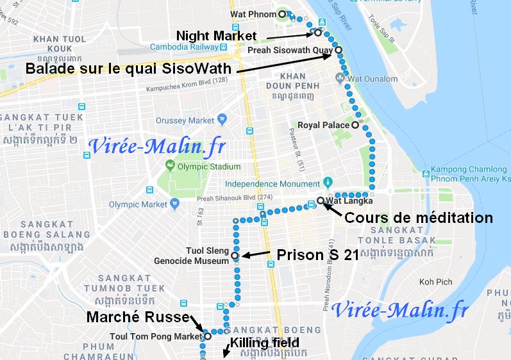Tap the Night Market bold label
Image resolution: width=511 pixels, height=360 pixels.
click(216, 35)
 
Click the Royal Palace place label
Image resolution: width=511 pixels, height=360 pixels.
click(324, 125)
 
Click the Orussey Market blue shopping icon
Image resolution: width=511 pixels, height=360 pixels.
click(222, 119)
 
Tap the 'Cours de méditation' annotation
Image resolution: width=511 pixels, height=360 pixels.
click(419, 218)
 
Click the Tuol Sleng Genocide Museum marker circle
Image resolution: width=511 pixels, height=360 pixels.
click(235, 256)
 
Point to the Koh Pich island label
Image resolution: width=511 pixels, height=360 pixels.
click(436, 282)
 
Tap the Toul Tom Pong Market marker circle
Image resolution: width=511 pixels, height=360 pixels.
click(207, 336)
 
